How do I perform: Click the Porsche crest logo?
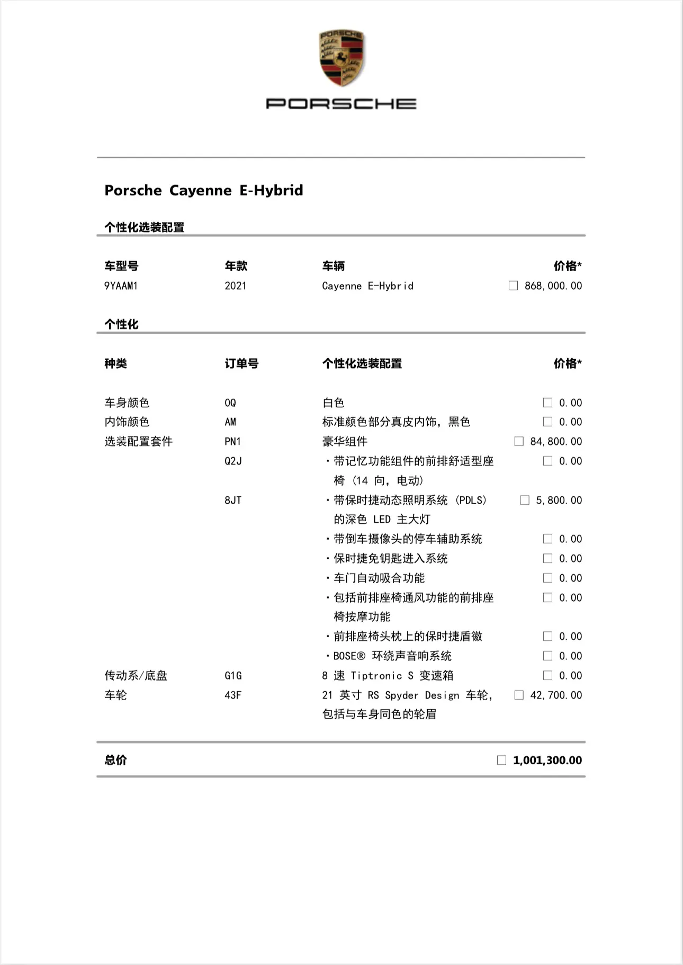coord(341,58)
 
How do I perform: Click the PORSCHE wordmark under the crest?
coord(341,104)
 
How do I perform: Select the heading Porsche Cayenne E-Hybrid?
coord(204,190)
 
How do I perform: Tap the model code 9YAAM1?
coord(121,286)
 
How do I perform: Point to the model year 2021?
coord(235,286)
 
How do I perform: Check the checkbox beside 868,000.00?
coord(513,286)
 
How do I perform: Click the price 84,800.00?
coord(556,442)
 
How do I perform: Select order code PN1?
coord(232,442)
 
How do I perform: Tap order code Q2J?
coord(233,461)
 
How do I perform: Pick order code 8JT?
coord(233,501)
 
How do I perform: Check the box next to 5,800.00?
coord(525,501)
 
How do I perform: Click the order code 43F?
coord(233,695)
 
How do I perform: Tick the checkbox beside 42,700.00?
coord(519,695)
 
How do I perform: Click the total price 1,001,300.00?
coord(547,761)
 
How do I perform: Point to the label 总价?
coord(115,761)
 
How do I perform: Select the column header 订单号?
coord(241,364)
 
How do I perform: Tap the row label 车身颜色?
coord(127,403)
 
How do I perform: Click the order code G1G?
coord(233,676)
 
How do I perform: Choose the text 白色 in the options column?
coord(333,403)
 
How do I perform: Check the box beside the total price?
coord(501,761)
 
